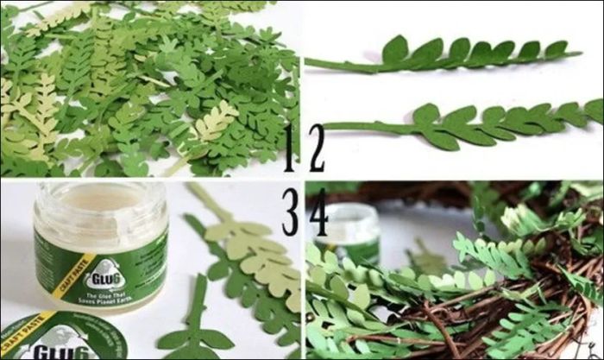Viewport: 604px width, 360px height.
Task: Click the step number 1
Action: tap(289, 148)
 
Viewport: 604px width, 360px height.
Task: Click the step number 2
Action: tap(316, 148)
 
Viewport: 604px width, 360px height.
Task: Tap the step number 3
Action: tap(289, 212)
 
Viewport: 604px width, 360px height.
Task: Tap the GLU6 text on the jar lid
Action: tap(53, 351)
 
